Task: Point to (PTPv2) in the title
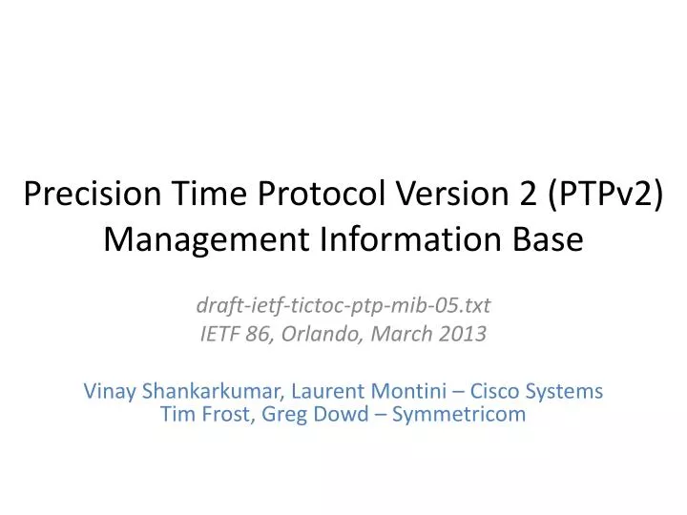(x=599, y=195)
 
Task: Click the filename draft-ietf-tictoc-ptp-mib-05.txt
(x=343, y=306)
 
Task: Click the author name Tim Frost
(x=202, y=414)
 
